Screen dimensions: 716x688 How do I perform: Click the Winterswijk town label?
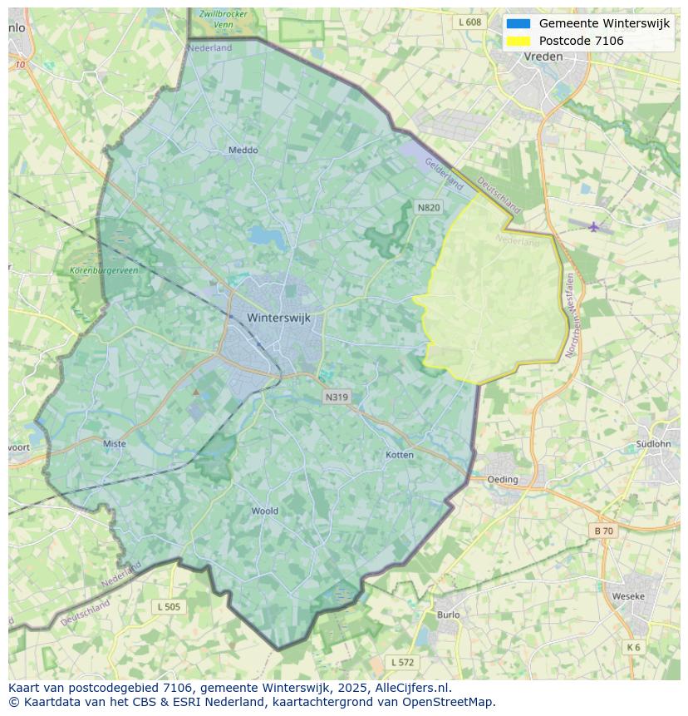coord(278,318)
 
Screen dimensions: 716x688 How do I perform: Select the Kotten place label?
coord(400,455)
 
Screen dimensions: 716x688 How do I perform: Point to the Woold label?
coord(264,511)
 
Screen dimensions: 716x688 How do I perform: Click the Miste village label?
coord(115,443)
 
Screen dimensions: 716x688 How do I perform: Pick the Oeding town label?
coord(503,479)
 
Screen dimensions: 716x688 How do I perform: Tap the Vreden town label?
coord(543,57)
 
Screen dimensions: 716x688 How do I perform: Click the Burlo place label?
coord(448,615)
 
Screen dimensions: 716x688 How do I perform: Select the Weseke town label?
coord(628,596)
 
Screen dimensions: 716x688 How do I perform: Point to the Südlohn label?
coord(653,443)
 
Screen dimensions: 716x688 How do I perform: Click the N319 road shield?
coord(337,397)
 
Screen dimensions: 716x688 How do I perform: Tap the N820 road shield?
coord(428,207)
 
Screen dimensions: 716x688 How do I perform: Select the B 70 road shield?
coord(603,531)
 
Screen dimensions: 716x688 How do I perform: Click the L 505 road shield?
coord(168,607)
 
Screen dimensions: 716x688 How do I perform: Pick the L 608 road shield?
coord(469,22)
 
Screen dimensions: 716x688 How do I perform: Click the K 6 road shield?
coord(634,647)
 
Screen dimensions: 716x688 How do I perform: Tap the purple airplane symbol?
coord(593,226)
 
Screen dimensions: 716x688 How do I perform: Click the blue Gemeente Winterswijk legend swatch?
coord(518,23)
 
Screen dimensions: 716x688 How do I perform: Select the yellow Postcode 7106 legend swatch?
coord(518,41)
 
